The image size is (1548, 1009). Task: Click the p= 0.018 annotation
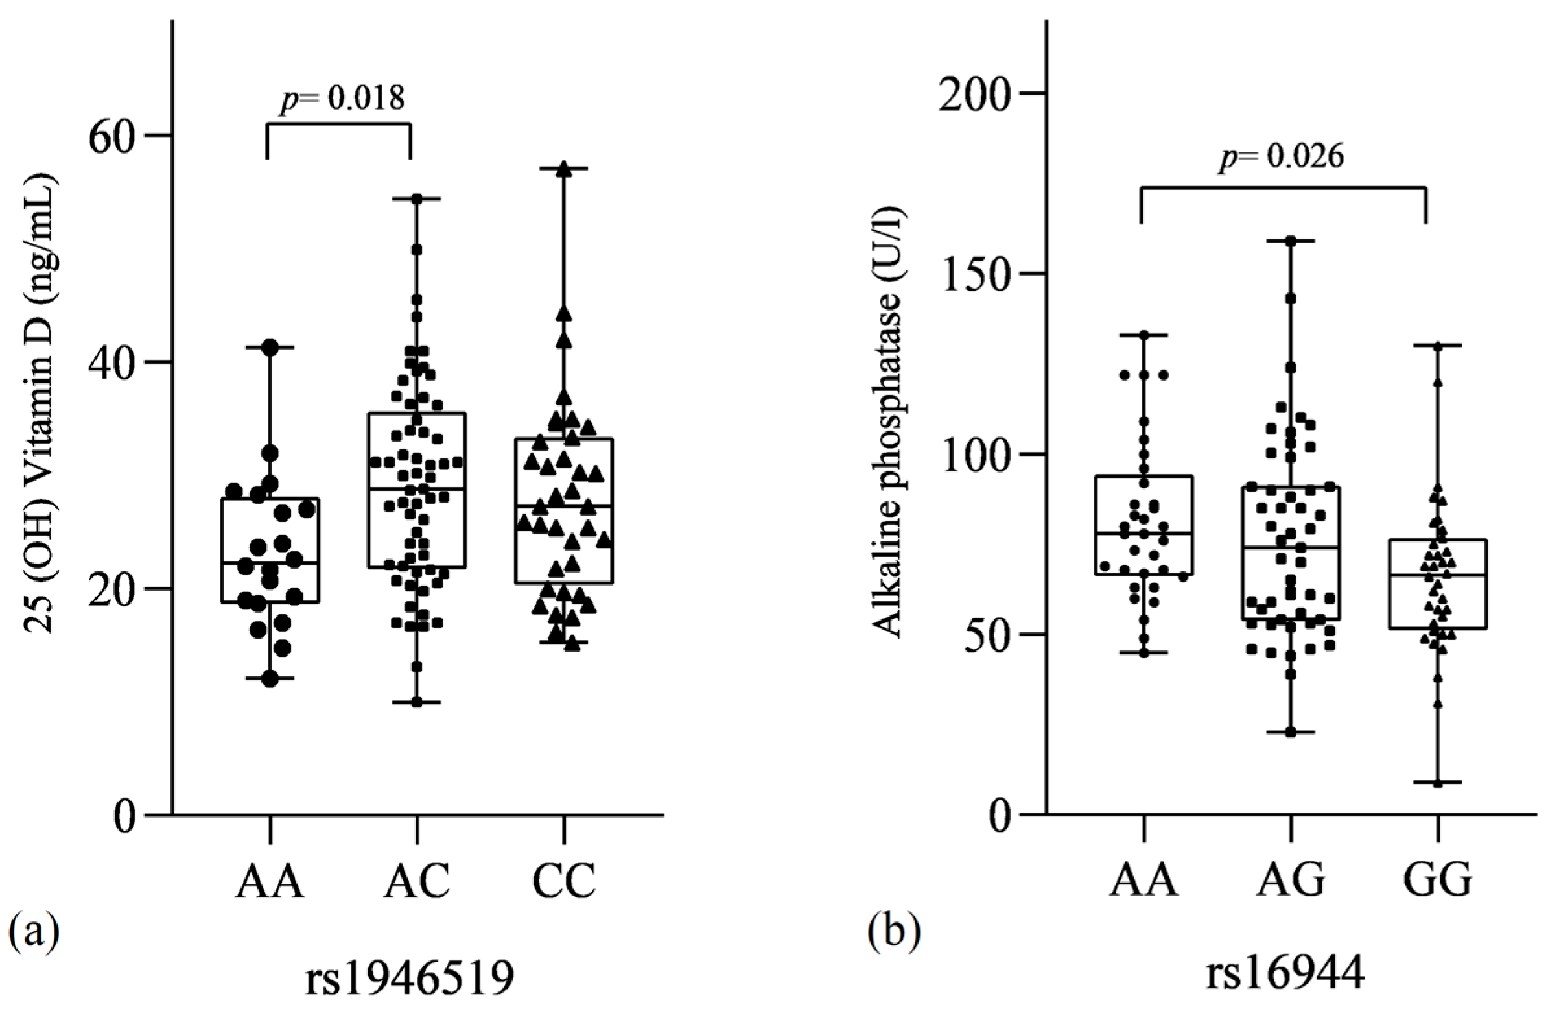[342, 99]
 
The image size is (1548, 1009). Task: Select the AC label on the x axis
[416, 882]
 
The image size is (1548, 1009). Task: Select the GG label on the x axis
[1437, 882]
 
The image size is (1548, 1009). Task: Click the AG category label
[1291, 882]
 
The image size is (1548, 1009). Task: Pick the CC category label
[563, 882]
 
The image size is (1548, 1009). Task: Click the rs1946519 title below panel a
[410, 978]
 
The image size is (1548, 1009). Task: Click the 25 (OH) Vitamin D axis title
[40, 403]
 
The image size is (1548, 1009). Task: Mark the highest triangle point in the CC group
[564, 169]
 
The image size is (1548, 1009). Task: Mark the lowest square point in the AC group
[416, 702]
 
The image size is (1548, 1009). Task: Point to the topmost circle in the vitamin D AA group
[270, 348]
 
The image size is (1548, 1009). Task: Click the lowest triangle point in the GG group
[1437, 783]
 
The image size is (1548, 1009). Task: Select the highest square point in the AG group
[1291, 241]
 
